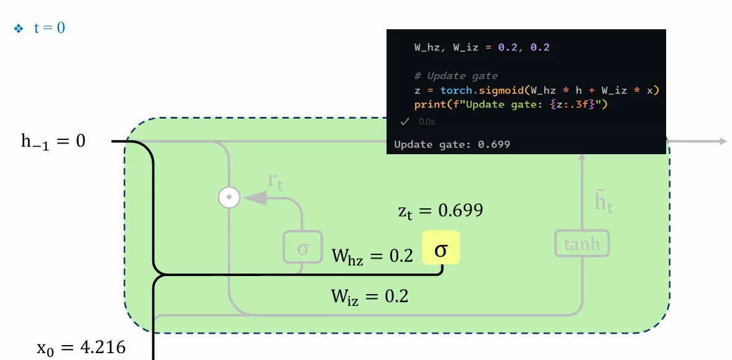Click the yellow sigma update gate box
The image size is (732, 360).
(x=441, y=248)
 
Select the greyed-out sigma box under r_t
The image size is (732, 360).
(x=303, y=247)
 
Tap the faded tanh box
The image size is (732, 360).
(x=582, y=244)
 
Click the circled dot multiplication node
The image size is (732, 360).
(x=229, y=197)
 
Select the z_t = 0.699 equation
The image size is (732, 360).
(x=441, y=210)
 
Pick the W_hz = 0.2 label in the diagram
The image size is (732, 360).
(x=372, y=256)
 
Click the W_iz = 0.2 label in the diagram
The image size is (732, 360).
(x=370, y=296)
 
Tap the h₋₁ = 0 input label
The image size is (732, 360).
(x=53, y=142)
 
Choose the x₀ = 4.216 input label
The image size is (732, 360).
(x=81, y=347)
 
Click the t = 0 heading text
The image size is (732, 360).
(x=49, y=28)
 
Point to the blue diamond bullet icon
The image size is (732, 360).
(x=19, y=29)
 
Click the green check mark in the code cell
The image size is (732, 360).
(x=405, y=122)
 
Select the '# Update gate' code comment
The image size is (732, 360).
(x=456, y=76)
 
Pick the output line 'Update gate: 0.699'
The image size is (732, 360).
(x=452, y=144)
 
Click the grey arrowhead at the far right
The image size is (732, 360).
(x=723, y=142)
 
